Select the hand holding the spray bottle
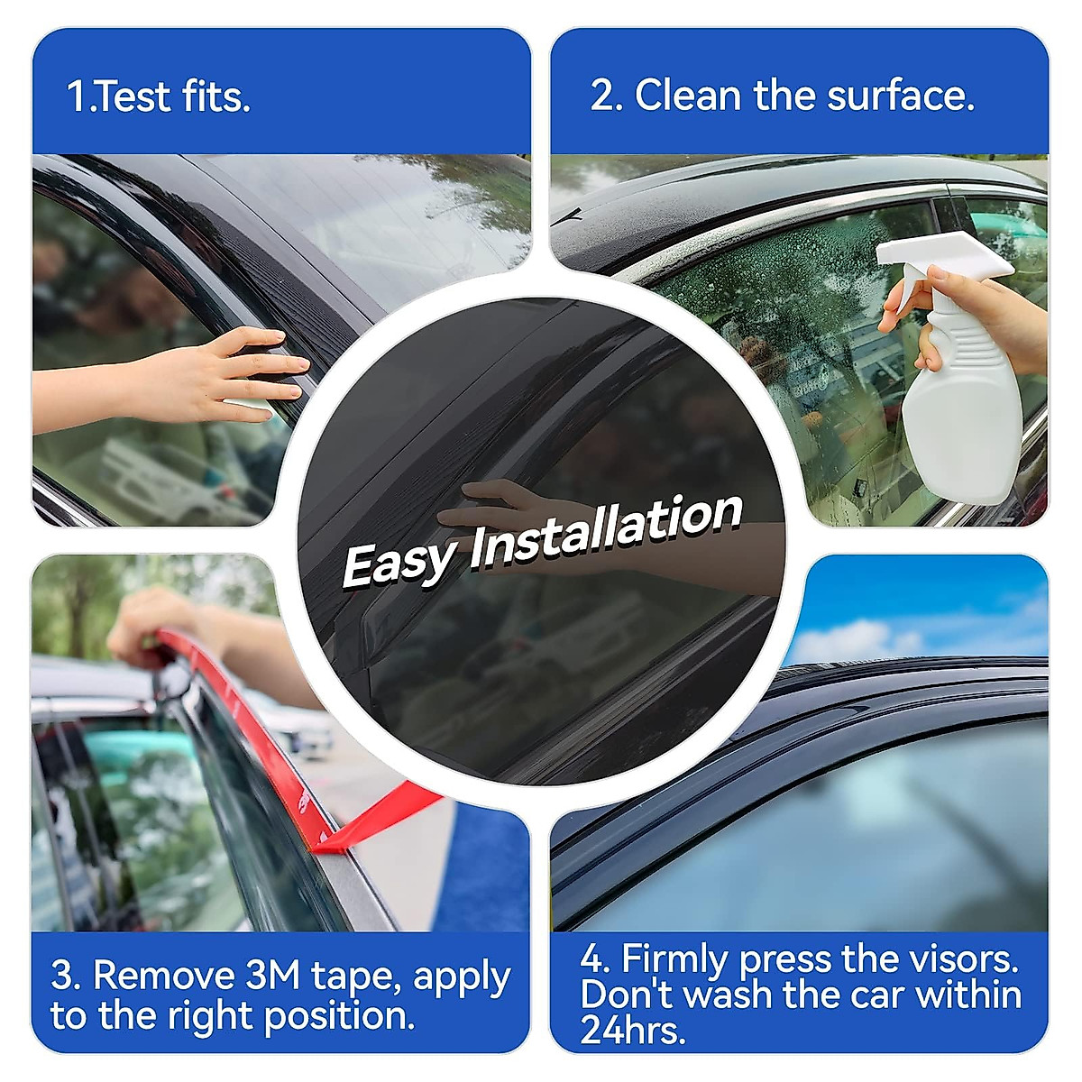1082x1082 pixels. [966, 315]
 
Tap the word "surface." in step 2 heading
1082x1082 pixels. [900, 96]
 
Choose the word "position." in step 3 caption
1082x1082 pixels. [339, 1033]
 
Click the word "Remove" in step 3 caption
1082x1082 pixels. [163, 991]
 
